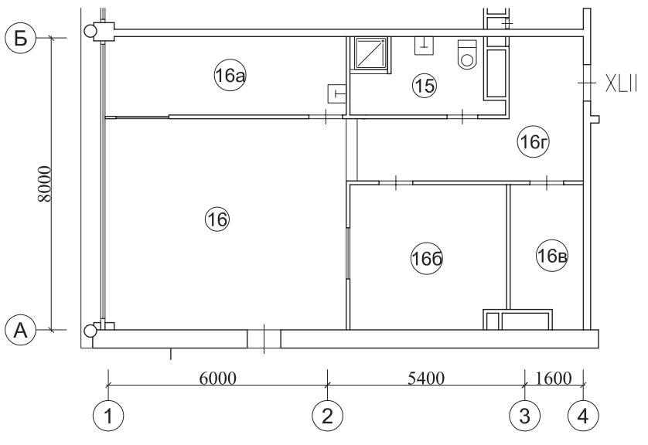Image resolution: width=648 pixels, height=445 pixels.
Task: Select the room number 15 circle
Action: pyautogui.click(x=425, y=86)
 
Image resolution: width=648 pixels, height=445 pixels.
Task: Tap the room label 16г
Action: pyautogui.click(x=534, y=142)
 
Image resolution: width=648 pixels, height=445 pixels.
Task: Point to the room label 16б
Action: pyautogui.click(x=427, y=259)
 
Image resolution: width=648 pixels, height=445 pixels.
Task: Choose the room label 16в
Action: pyautogui.click(x=551, y=256)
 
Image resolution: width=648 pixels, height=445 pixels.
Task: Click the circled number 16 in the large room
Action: pyautogui.click(x=217, y=219)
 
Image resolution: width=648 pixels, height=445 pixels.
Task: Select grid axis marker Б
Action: pyautogui.click(x=21, y=39)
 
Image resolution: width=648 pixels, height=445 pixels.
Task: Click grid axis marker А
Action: pyautogui.click(x=21, y=331)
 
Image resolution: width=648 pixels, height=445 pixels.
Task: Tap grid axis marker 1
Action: pyautogui.click(x=108, y=416)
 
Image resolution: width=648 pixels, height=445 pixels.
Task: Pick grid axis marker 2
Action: pyautogui.click(x=327, y=416)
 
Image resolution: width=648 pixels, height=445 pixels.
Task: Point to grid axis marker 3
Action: pyautogui.click(x=524, y=416)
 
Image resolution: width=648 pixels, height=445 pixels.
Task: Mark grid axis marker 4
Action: pyautogui.click(x=583, y=416)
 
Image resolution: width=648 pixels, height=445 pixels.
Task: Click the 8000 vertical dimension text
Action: pyautogui.click(x=45, y=184)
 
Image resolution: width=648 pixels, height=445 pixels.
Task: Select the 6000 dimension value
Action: pyautogui.click(x=218, y=378)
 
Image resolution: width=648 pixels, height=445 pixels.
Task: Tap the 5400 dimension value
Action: pyautogui.click(x=426, y=378)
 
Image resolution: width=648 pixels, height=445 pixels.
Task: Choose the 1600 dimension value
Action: pyautogui.click(x=554, y=378)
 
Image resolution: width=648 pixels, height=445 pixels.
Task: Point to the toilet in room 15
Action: pyautogui.click(x=467, y=54)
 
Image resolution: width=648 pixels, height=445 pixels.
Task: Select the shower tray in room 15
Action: pyautogui.click(x=370, y=53)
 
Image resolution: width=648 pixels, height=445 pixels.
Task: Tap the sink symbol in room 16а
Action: pyautogui.click(x=337, y=93)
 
